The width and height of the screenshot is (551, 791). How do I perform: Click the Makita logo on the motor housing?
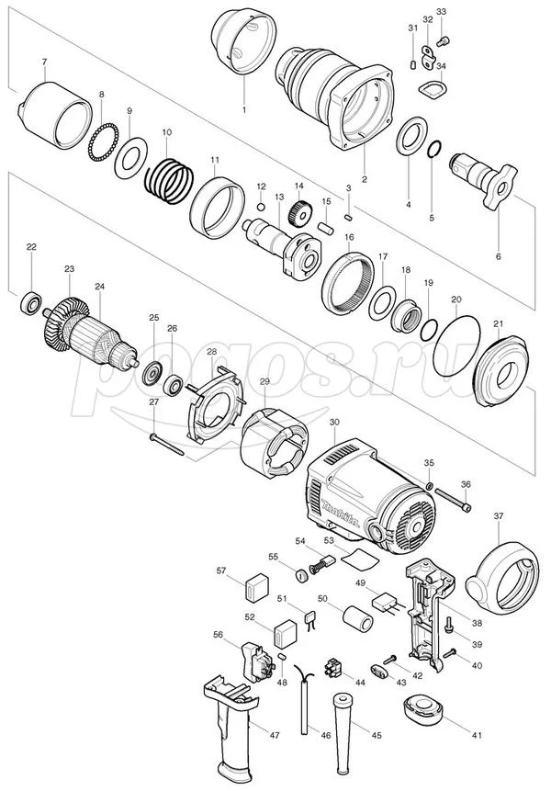pos(342,514)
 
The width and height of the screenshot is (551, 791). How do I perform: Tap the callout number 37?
pos(499,516)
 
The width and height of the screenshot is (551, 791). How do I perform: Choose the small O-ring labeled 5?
pos(434,150)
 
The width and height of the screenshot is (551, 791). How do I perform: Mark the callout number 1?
pos(244,109)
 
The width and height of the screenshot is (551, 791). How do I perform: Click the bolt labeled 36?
pos(453,500)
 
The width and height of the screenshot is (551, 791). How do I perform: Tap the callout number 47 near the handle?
pos(275,736)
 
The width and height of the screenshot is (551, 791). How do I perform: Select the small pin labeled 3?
pos(348,217)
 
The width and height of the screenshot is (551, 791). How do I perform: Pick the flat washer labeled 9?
pos(130,157)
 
